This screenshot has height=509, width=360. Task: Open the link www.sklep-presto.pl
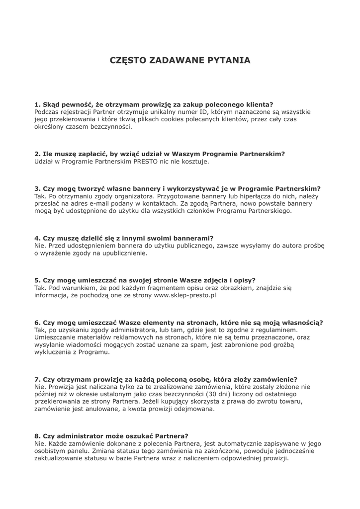(x=185, y=295)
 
